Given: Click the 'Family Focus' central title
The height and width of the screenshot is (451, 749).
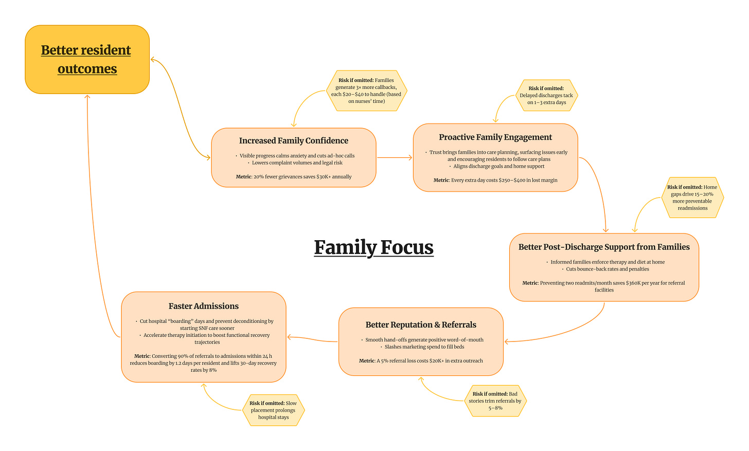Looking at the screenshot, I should coord(373,247).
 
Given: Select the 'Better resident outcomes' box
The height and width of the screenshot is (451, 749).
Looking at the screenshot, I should coord(87,59).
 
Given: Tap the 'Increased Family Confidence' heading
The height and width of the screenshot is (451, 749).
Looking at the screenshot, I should coord(293,141).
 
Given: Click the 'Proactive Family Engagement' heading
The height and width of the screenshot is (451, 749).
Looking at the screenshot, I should coord(495,137).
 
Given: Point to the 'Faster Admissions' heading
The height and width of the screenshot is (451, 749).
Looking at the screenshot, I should coord(203,306).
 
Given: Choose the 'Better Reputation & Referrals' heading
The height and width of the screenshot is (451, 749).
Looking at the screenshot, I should coord(420,325).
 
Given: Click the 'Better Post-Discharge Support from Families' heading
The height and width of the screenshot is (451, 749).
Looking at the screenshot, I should coord(604,247).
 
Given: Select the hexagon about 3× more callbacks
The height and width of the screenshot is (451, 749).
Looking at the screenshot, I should coord(367,91).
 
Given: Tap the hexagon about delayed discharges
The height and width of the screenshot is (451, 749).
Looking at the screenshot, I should coord(546,95).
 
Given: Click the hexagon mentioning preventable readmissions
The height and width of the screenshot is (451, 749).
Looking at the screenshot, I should coord(692,197).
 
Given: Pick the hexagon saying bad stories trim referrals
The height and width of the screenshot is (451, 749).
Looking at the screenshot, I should coord(495,401).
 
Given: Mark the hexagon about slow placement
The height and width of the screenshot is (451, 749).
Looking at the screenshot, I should coord(273,410).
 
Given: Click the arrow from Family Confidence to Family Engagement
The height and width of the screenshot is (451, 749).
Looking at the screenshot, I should coord(394,157).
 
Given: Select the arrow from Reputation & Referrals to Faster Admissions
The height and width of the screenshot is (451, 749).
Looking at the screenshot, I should coord(312,339).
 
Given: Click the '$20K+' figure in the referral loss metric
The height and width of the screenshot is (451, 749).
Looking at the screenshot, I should coord(438,361).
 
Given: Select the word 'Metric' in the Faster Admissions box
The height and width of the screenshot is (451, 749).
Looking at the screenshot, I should coord(142,356).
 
